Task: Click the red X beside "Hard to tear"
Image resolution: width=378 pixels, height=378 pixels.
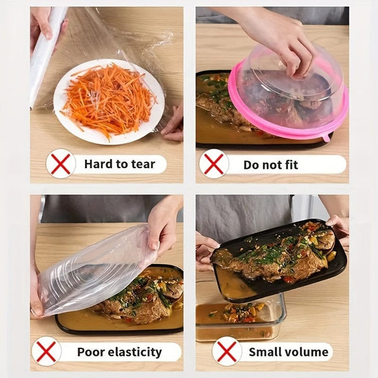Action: (60, 164)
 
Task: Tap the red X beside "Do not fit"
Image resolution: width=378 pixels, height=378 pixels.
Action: (214, 164)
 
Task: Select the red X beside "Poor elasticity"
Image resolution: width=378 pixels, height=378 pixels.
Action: (46, 351)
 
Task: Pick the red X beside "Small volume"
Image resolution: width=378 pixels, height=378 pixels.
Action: (226, 351)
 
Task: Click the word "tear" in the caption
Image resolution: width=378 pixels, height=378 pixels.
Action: (143, 164)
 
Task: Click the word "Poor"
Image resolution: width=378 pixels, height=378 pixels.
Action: (89, 352)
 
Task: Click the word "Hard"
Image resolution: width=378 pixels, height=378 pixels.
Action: (98, 164)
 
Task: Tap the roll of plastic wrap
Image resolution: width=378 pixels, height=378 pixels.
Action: (44, 57)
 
